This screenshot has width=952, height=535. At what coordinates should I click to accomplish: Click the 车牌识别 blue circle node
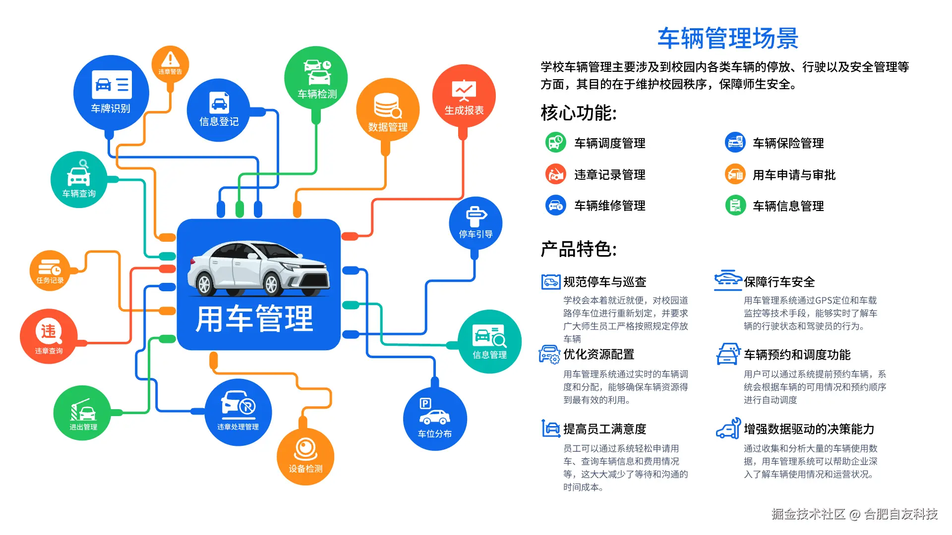click(x=111, y=93)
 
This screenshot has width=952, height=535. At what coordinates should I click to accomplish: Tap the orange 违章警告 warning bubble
click(x=170, y=64)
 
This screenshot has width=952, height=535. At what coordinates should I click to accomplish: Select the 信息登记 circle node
click(x=219, y=110)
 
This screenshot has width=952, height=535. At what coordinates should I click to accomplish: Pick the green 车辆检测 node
click(x=316, y=78)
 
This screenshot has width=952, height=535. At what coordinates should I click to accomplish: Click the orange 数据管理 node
click(x=388, y=110)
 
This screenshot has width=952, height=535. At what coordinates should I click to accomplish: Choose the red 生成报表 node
click(x=464, y=96)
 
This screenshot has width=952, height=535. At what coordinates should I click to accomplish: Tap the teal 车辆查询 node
click(x=79, y=179)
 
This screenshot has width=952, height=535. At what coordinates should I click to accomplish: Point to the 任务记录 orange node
click(x=50, y=270)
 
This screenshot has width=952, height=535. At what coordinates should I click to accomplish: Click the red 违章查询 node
click(x=49, y=336)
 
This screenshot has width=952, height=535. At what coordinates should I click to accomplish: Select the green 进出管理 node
click(x=82, y=413)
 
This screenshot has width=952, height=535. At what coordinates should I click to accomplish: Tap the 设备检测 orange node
click(x=305, y=456)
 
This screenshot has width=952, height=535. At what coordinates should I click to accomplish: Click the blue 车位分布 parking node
click(x=435, y=419)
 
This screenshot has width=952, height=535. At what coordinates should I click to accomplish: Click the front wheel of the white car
click(x=272, y=285)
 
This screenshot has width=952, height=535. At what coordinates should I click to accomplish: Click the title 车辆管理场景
click(x=728, y=38)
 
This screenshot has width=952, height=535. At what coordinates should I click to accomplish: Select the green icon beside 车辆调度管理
click(x=555, y=143)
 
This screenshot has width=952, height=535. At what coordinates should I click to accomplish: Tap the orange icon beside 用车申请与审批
click(x=735, y=174)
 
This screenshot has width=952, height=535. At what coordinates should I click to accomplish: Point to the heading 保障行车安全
click(x=779, y=282)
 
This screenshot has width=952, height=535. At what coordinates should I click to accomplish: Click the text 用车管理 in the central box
click(x=254, y=319)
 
